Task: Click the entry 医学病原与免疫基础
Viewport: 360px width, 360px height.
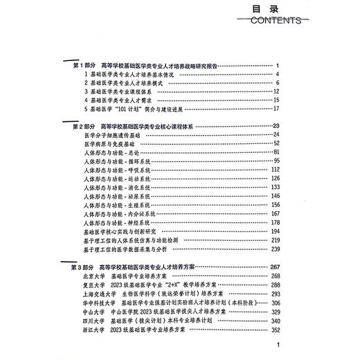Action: coord(110,143)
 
